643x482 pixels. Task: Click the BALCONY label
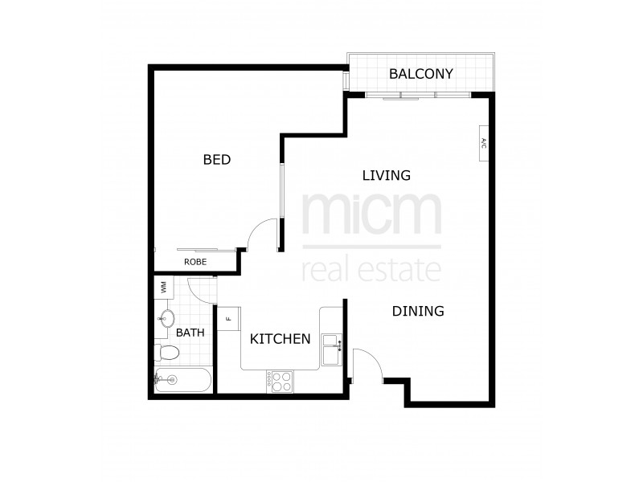pyautogui.click(x=421, y=74)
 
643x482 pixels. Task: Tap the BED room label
pyautogui.click(x=217, y=160)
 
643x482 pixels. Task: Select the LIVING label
pyautogui.click(x=386, y=175)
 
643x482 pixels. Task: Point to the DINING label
pyautogui.click(x=418, y=311)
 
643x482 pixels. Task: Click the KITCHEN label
pyautogui.click(x=281, y=339)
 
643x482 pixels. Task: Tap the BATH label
pyautogui.click(x=190, y=332)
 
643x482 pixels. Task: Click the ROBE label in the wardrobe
pyautogui.click(x=195, y=262)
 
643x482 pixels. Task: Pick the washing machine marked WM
pyautogui.click(x=163, y=287)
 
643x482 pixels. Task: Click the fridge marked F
pyautogui.click(x=228, y=318)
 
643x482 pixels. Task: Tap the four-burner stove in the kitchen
pyautogui.click(x=282, y=382)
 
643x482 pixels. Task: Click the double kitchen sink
pyautogui.click(x=332, y=349)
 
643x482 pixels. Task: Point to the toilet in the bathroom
pyautogui.click(x=166, y=352)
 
